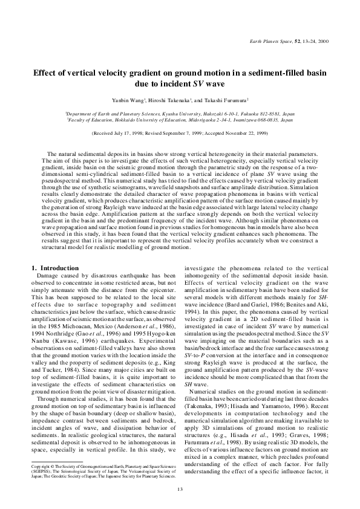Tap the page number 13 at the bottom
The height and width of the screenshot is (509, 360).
coord(180,490)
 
